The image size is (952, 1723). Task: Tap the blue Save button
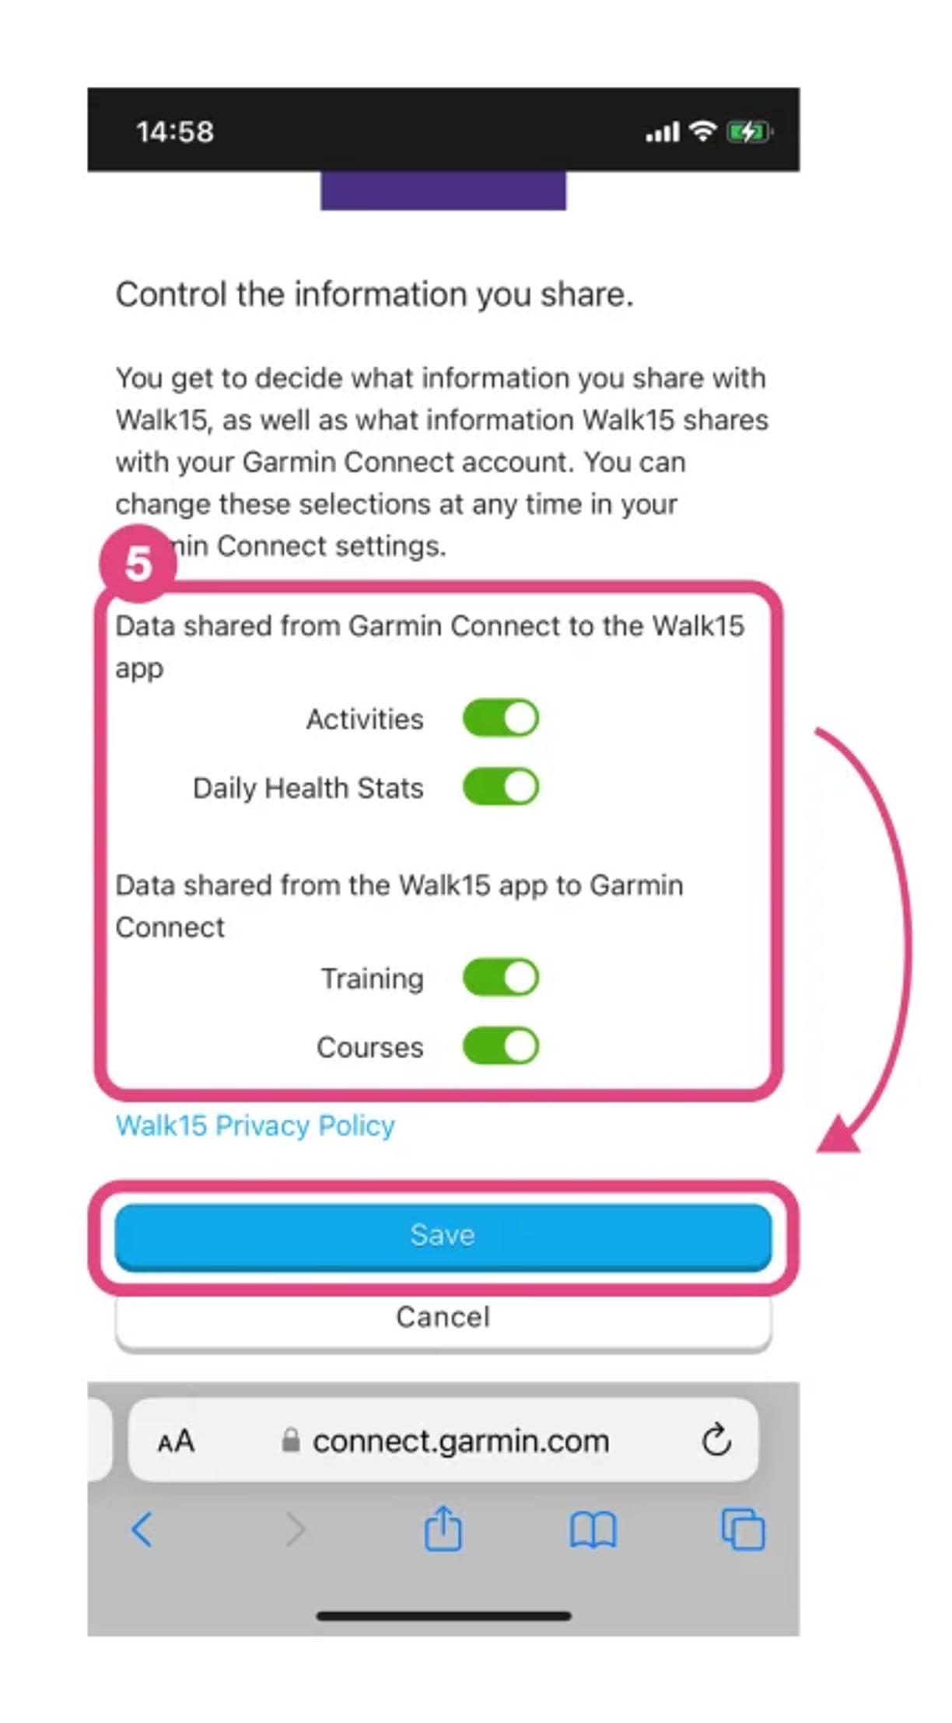[x=443, y=1235]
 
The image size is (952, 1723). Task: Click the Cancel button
[x=443, y=1318]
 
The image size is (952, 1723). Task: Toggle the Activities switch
[x=500, y=718]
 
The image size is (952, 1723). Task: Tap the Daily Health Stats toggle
[x=500, y=786]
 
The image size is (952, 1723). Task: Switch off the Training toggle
[x=500, y=977]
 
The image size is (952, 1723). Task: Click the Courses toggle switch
[x=500, y=1045]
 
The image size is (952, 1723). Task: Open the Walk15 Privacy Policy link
[x=255, y=1126]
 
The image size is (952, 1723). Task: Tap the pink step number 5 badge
[x=138, y=563]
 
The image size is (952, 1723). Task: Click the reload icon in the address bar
[x=716, y=1441]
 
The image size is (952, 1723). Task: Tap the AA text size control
[x=176, y=1441]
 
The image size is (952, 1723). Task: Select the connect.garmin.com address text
[x=460, y=1441]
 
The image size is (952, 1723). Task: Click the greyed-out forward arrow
[x=295, y=1530]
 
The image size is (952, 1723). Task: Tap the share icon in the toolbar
[x=443, y=1529]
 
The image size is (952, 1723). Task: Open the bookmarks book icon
[x=593, y=1530]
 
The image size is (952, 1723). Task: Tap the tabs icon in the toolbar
[x=743, y=1529]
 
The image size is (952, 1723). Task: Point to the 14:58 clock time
[x=175, y=131]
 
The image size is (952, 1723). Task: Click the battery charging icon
[x=748, y=131]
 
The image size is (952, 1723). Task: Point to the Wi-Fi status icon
[x=703, y=131]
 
